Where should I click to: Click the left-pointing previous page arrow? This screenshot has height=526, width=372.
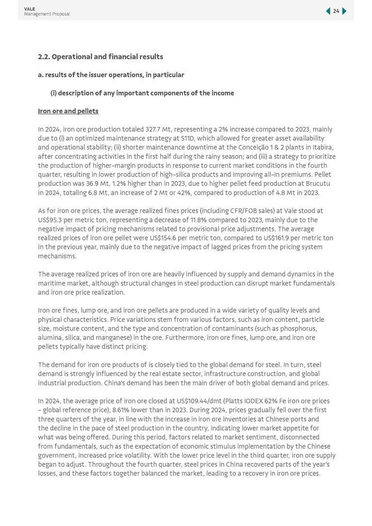328,11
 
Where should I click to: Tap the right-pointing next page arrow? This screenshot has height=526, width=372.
344,11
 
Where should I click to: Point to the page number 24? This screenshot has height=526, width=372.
336,11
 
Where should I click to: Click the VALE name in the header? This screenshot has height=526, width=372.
29,9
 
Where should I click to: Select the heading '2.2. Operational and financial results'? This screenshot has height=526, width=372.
101,57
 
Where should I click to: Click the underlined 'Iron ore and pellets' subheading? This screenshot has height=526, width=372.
68,111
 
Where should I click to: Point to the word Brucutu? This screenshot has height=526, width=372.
317,184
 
